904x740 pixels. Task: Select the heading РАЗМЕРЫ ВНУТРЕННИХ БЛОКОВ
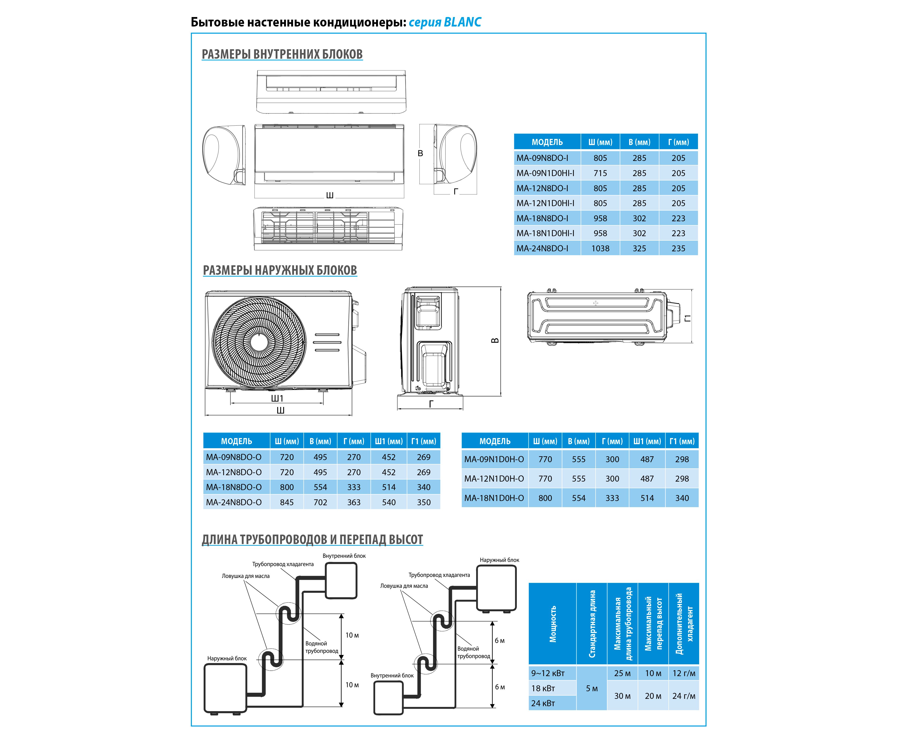pyautogui.click(x=282, y=55)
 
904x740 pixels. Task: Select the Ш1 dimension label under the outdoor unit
pyautogui.click(x=277, y=399)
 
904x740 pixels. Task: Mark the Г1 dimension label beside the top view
pyautogui.click(x=687, y=318)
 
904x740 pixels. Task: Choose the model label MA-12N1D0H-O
pyautogui.click(x=494, y=479)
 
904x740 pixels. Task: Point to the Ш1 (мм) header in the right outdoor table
pyautogui.click(x=647, y=441)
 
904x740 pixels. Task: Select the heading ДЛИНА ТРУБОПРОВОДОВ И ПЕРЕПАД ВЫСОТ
pyautogui.click(x=312, y=540)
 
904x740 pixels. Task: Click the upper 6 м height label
pyautogui.click(x=500, y=641)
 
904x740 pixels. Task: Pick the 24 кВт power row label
pyautogui.click(x=543, y=703)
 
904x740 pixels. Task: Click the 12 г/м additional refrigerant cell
pyautogui.click(x=684, y=674)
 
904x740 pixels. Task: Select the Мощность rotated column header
pyautogui.click(x=553, y=624)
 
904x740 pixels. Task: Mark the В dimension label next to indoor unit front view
pyautogui.click(x=421, y=153)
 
